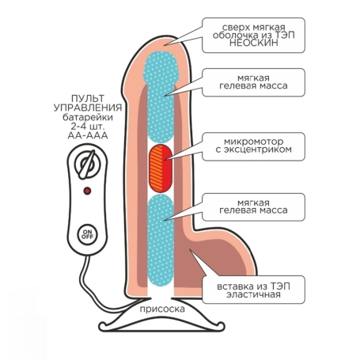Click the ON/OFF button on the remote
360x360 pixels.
pos(87,234)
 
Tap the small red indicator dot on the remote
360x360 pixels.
pos(87,191)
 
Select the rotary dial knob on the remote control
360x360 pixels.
pos(88,165)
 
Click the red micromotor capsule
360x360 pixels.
pos(161,169)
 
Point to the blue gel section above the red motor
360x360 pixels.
pos(161,97)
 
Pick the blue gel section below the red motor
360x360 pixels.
pos(161,241)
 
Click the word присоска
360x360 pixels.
pos(162,309)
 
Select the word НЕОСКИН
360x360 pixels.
pos(254,43)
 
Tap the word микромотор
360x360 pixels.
pos(253,142)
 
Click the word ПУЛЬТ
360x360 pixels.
pos(88,98)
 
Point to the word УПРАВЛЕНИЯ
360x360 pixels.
pos(88,108)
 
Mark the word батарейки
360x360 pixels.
pos(88,117)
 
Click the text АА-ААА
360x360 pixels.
pos(88,135)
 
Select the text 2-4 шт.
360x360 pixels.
pos(88,127)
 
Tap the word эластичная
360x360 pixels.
pos(253,294)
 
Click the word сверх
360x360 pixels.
pos(235,28)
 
